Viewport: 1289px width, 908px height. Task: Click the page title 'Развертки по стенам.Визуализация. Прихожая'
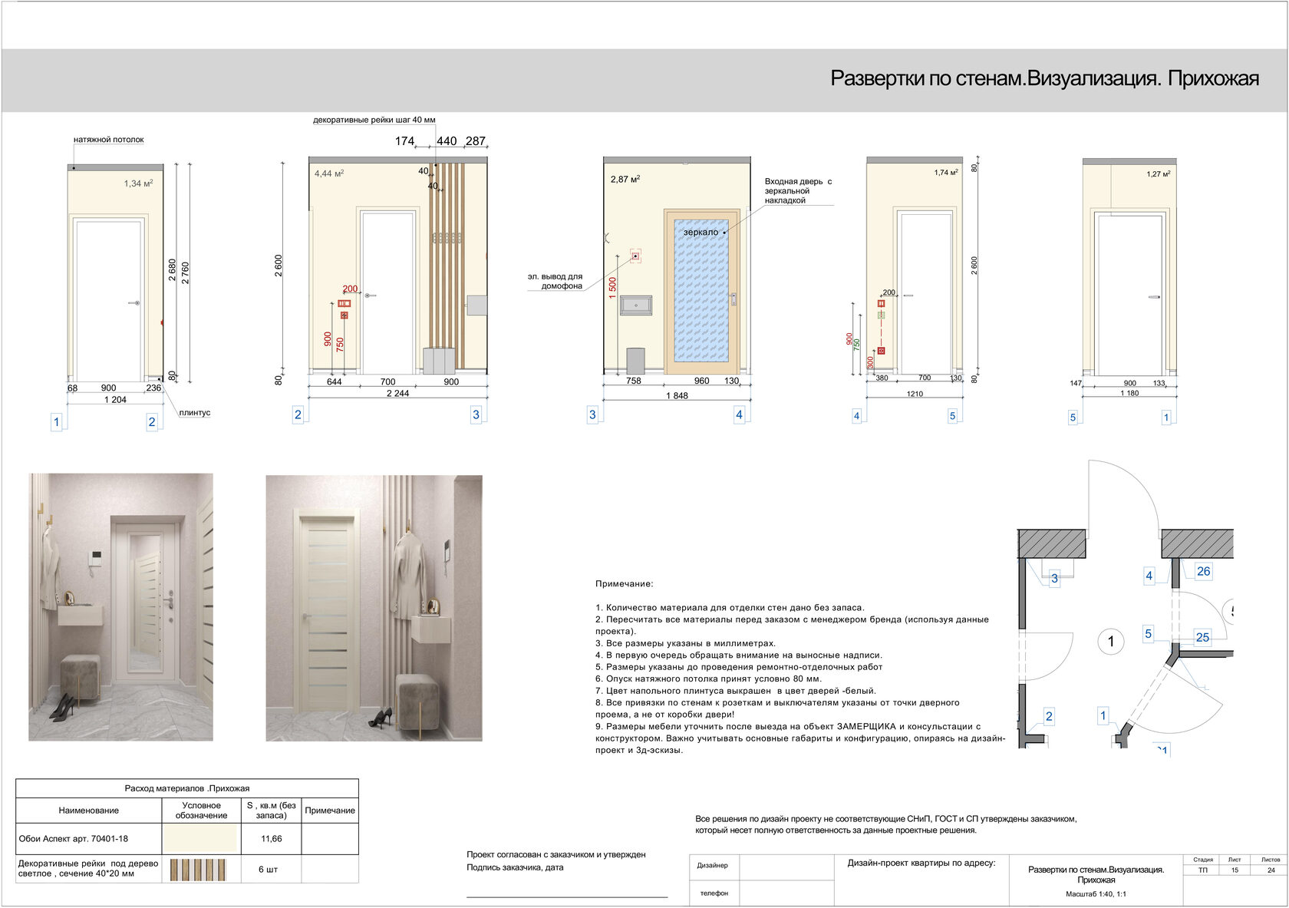click(1044, 78)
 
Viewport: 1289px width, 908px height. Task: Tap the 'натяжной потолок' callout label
click(108, 140)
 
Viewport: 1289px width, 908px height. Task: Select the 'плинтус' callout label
click(194, 413)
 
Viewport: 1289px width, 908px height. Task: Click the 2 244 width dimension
click(397, 393)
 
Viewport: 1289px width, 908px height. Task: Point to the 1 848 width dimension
click(677, 395)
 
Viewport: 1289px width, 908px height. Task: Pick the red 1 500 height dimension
click(612, 288)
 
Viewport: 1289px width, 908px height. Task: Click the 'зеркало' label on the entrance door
click(701, 232)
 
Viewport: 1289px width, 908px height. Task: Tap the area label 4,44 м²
click(328, 173)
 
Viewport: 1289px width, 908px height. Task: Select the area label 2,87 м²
click(625, 179)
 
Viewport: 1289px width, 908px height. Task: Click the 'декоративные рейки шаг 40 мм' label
click(374, 120)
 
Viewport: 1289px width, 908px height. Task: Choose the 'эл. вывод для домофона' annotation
click(555, 281)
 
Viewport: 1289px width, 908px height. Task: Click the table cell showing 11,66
click(271, 839)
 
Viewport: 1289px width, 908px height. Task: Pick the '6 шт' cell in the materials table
click(271, 869)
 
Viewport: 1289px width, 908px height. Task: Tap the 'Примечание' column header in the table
click(330, 811)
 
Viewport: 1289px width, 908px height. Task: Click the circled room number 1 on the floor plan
click(1110, 641)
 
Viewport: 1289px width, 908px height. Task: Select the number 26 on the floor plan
click(1203, 571)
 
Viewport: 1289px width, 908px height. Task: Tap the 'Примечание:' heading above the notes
click(624, 584)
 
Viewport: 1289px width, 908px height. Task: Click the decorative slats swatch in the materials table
click(199, 870)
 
